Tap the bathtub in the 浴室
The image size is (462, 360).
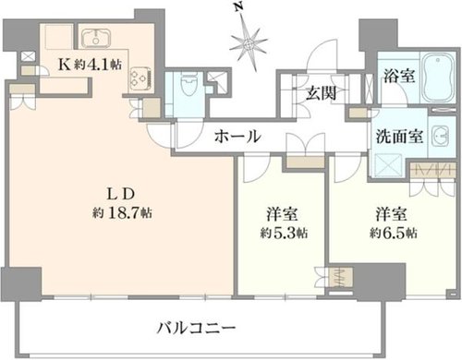(438, 77)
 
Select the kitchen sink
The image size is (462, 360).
(96, 38)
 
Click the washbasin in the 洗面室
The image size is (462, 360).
(441, 136)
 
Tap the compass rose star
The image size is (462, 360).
(249, 44)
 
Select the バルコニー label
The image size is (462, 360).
(196, 328)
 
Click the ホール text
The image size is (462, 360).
(237, 137)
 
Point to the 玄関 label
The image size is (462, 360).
(321, 92)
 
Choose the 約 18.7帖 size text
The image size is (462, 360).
(122, 212)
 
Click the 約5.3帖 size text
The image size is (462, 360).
(284, 233)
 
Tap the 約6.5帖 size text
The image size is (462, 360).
(394, 233)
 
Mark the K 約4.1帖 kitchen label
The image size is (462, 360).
(90, 65)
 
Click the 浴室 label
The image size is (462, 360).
(399, 76)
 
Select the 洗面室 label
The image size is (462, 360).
(399, 136)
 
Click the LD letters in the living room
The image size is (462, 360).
(121, 194)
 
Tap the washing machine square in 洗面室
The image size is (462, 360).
(389, 165)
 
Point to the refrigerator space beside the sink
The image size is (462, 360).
(59, 37)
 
